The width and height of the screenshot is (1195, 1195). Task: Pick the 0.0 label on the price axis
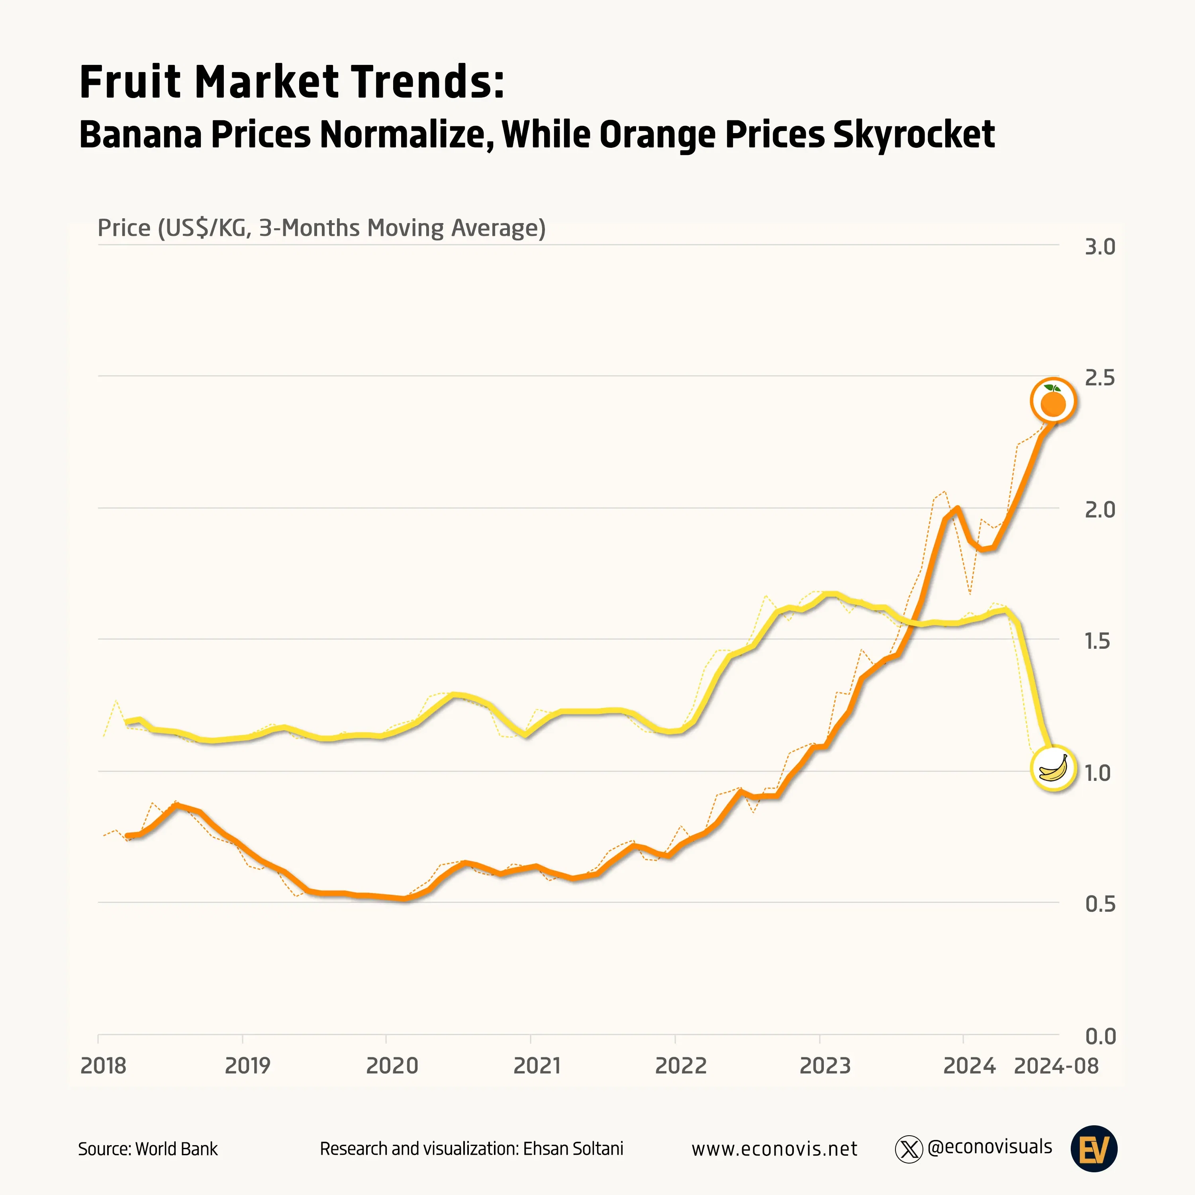(x=1100, y=1036)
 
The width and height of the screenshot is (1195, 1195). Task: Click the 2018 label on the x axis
(x=103, y=1066)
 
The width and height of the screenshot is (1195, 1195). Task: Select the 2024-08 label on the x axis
(x=1056, y=1066)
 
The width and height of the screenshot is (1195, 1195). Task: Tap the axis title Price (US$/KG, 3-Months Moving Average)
(x=321, y=228)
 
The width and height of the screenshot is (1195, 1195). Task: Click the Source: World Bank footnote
(x=148, y=1149)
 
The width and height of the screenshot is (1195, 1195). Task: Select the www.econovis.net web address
(x=774, y=1149)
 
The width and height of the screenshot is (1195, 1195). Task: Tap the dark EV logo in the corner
(x=1093, y=1149)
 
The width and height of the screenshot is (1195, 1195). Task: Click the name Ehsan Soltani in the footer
(x=573, y=1149)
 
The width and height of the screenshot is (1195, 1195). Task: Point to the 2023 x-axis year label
(x=825, y=1066)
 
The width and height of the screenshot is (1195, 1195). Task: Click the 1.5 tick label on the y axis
(x=1099, y=641)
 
